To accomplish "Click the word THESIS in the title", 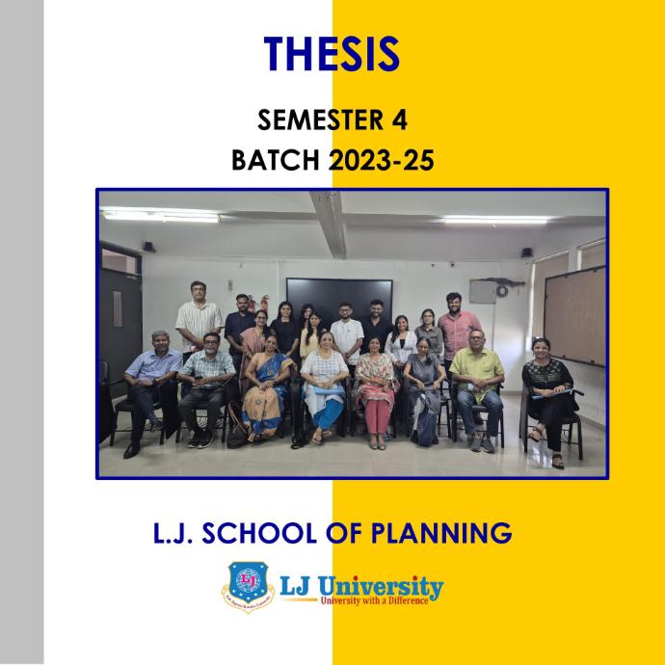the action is [332, 54].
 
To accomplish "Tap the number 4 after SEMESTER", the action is [400, 120].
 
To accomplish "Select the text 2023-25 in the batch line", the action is [382, 161].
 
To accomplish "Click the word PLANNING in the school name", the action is [441, 533].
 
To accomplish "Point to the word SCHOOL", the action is [258, 533].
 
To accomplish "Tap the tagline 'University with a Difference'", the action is [374, 600].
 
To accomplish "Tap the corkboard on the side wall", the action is [575, 316].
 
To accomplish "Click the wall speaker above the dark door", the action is [148, 247].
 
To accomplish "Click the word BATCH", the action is [276, 161].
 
